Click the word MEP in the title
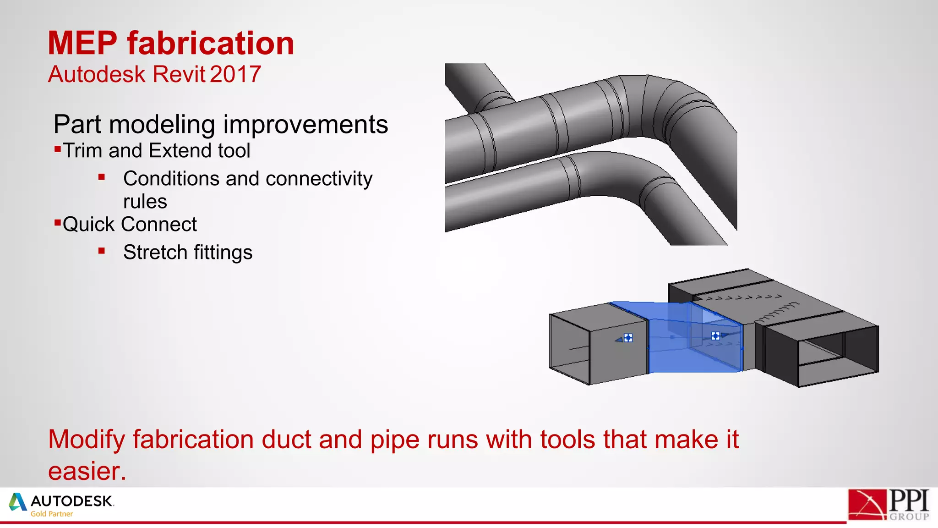click(82, 44)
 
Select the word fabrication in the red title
click(211, 44)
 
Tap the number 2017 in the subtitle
click(236, 74)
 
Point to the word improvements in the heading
click(305, 125)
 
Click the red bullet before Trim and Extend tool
click(58, 148)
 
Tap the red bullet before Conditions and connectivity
click(102, 177)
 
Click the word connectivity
click(319, 179)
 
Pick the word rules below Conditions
click(145, 202)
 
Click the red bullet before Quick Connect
click(58, 223)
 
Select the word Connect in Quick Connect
click(159, 225)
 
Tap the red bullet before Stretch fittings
click(102, 251)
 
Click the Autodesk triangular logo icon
click(18, 502)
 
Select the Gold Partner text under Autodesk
click(52, 514)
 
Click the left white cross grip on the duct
click(628, 338)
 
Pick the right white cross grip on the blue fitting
click(715, 336)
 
